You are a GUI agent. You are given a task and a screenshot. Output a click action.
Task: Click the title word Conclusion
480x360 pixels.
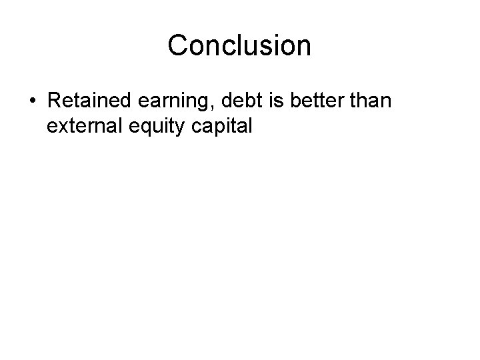coord(239,46)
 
